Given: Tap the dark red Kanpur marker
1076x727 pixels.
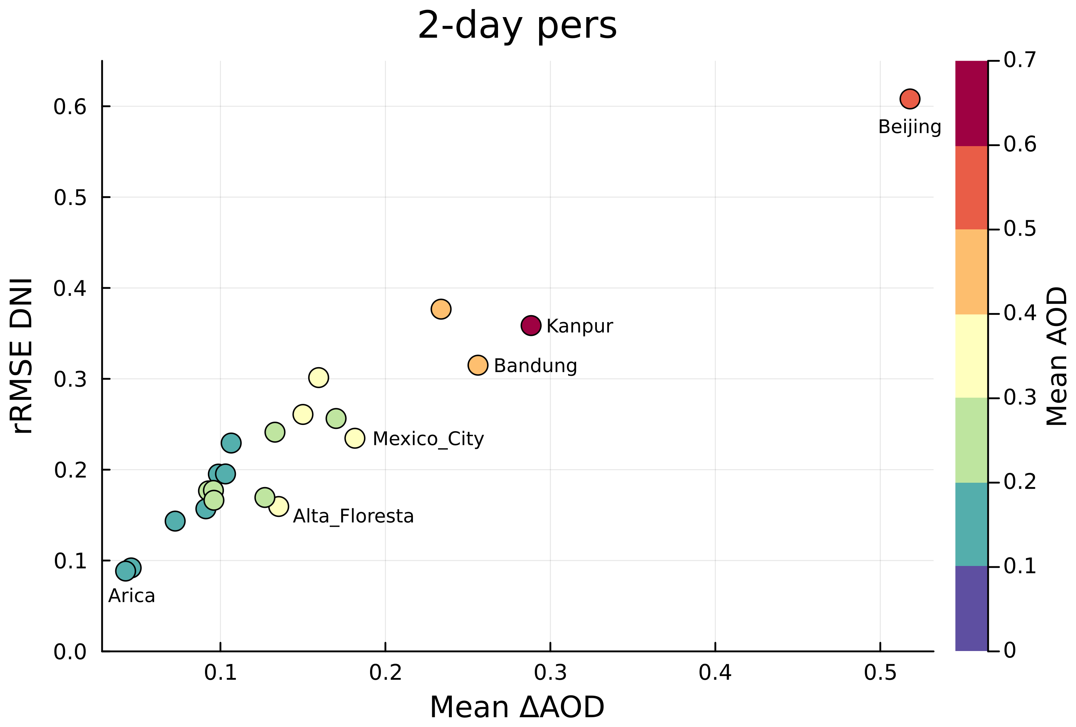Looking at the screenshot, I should tap(531, 326).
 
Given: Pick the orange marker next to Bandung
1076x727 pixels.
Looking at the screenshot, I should tap(478, 365).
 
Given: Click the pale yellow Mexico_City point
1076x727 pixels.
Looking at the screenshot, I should tap(355, 438).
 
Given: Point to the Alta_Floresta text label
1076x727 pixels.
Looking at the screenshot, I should tap(353, 516).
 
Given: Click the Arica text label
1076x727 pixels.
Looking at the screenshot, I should tap(132, 595).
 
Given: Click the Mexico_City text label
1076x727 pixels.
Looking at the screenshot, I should tap(428, 438).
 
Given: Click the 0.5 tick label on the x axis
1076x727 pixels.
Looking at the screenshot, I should tap(880, 673).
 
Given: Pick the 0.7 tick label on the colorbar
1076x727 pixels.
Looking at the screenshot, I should tap(1020, 60).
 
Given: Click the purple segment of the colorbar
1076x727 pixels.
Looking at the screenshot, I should tap(971, 608).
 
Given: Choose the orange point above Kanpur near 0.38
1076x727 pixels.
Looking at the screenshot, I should tap(441, 309).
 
